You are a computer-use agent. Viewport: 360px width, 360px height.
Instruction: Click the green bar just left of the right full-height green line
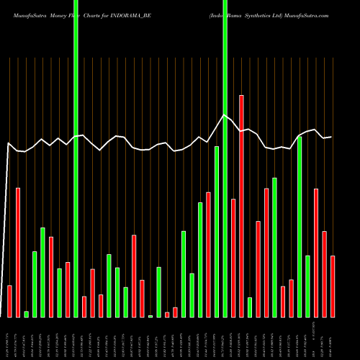tap(217, 231)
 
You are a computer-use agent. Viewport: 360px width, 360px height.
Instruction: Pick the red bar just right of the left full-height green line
tap(84, 307)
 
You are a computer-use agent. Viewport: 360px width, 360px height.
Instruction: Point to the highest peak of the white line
tap(225, 114)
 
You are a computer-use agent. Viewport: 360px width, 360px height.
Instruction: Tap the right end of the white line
tap(331, 137)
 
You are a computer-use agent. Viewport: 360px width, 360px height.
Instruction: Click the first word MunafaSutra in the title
tap(22, 14)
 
